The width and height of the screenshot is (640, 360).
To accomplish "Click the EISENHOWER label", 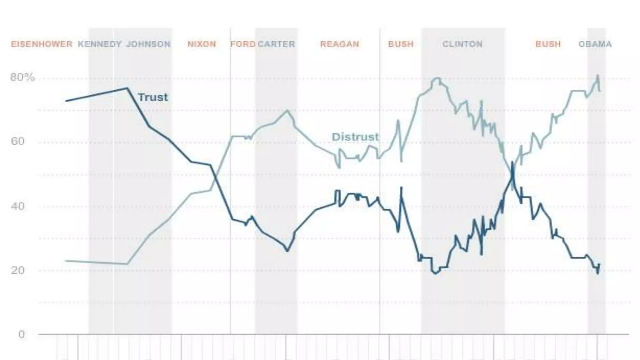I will [42, 44].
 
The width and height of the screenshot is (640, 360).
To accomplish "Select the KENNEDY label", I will [100, 44].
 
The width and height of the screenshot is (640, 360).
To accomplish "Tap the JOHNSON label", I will [148, 44].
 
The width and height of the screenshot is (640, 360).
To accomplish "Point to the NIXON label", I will [202, 44].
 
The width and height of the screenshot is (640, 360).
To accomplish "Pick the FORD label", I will [242, 44].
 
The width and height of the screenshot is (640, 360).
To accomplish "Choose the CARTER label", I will [276, 44].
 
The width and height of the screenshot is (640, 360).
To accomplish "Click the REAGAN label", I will [339, 44].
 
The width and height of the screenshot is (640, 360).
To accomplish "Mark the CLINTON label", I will [462, 44].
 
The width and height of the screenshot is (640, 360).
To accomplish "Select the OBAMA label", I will [595, 44].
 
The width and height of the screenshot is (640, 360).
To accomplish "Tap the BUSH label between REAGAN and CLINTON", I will [401, 44].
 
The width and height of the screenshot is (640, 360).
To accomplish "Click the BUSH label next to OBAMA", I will [548, 44].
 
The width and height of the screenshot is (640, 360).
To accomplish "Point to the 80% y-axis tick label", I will [22, 77].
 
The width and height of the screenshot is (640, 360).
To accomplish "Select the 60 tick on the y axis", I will [17, 141].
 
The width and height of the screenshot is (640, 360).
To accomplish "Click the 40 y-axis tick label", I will [17, 206].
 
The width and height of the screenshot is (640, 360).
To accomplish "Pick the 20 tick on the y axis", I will [17, 270].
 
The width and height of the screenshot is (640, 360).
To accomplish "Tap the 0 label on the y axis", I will [21, 335].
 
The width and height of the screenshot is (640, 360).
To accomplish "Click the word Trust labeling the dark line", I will [153, 97].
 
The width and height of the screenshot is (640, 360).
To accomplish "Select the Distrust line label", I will [355, 137].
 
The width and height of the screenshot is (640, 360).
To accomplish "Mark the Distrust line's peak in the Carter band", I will [287, 110].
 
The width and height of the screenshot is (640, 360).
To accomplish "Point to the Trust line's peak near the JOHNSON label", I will [127, 88].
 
